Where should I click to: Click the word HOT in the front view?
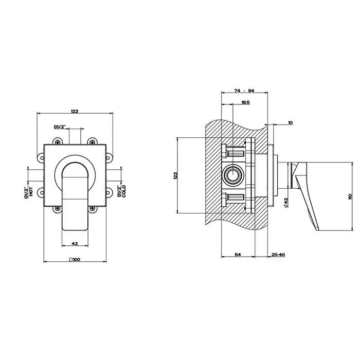[x=31, y=191]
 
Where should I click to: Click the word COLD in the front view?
[x=124, y=191]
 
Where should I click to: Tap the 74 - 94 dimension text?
[x=244, y=91]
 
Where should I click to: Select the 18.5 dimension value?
[x=245, y=102]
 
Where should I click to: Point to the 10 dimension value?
[x=291, y=122]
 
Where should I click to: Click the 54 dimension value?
[x=238, y=255]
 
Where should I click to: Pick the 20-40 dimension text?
[x=278, y=255]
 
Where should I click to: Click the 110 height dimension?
[x=350, y=196]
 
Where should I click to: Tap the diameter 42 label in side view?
[x=286, y=203]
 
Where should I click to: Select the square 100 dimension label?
[x=75, y=260]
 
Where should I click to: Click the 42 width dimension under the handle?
[x=75, y=244]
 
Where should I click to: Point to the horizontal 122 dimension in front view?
[x=75, y=112]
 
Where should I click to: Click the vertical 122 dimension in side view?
[x=175, y=175]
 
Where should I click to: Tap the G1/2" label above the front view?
[x=60, y=127]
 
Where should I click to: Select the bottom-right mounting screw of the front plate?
[x=92, y=208]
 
